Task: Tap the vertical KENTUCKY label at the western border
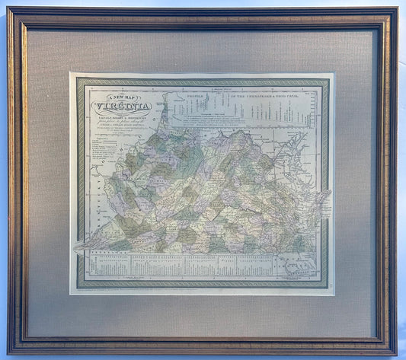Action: [x=93, y=214]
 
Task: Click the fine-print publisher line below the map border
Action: [x=203, y=292]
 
